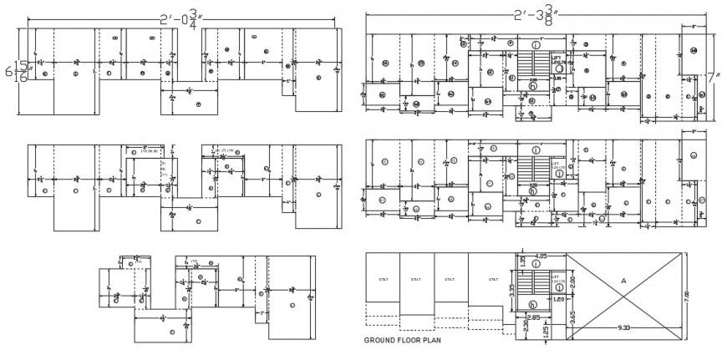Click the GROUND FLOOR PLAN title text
click(x=403, y=341)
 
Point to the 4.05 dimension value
click(x=541, y=256)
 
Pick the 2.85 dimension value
click(x=533, y=317)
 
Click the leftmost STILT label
click(x=384, y=279)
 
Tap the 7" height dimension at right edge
click(x=715, y=76)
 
